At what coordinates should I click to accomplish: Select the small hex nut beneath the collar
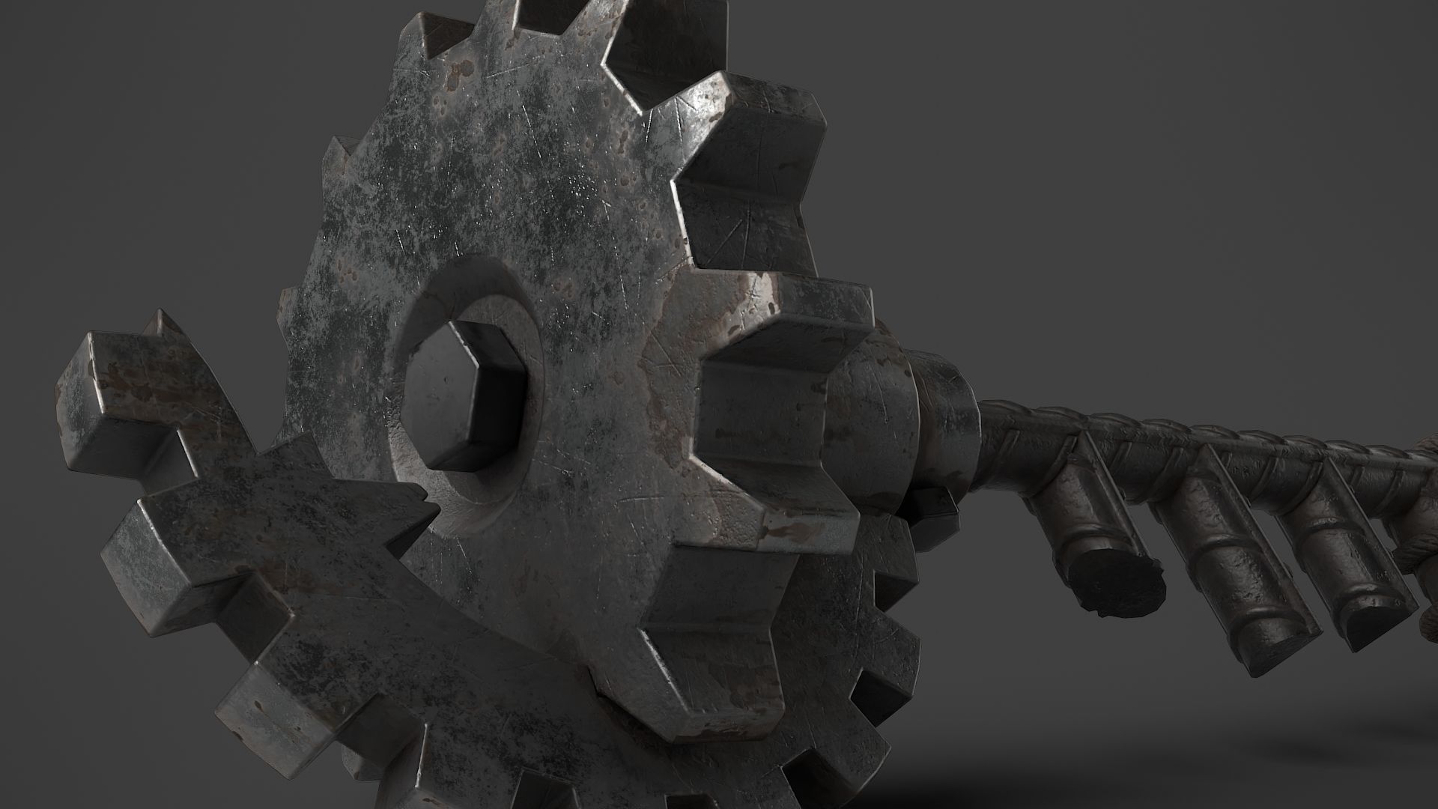[929, 509]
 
